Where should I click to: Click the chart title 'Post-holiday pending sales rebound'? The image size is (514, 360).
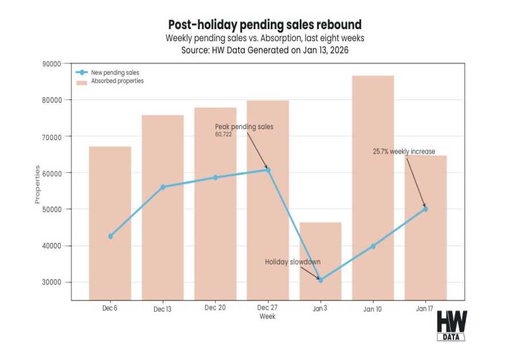pos(264,25)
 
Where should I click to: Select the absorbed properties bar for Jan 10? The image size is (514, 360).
pos(373,189)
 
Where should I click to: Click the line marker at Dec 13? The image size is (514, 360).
pos(163,187)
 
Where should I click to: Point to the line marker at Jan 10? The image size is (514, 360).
pos(373,246)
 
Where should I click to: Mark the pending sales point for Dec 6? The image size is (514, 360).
pos(110,236)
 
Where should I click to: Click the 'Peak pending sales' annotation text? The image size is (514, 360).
pos(244,126)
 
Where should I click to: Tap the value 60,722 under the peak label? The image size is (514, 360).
pos(223,134)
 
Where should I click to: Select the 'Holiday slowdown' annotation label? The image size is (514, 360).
pos(292,262)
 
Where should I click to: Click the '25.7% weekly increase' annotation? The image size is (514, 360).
pos(404,151)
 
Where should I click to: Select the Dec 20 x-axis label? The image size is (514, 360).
pos(215,308)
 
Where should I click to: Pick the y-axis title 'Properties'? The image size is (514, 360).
pos(38,184)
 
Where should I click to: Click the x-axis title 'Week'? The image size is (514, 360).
pos(267,316)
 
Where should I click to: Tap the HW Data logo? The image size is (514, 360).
pos(451,326)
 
